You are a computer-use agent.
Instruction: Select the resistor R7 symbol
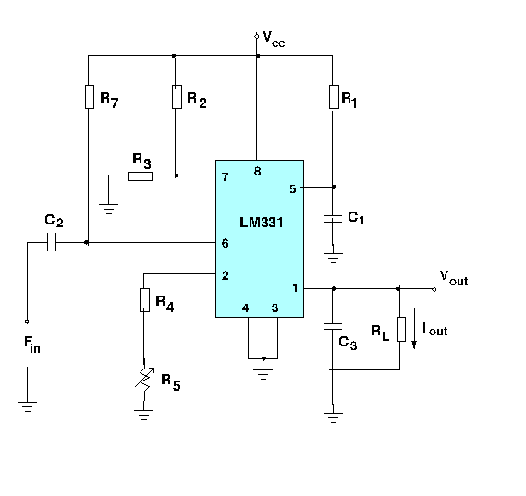(88, 97)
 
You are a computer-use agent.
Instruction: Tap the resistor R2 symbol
(175, 97)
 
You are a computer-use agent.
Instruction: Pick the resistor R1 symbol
(333, 97)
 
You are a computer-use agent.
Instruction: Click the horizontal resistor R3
(141, 175)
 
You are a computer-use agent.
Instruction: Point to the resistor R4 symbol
(144, 300)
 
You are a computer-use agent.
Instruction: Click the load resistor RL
(399, 329)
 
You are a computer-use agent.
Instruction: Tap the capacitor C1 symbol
(333, 218)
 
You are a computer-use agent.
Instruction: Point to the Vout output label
(453, 276)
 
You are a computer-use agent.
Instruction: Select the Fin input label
(32, 346)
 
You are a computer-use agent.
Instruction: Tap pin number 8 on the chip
(258, 172)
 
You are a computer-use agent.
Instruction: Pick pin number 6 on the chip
(225, 243)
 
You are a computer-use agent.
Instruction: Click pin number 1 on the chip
(295, 288)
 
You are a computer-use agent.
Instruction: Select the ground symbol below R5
(144, 415)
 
